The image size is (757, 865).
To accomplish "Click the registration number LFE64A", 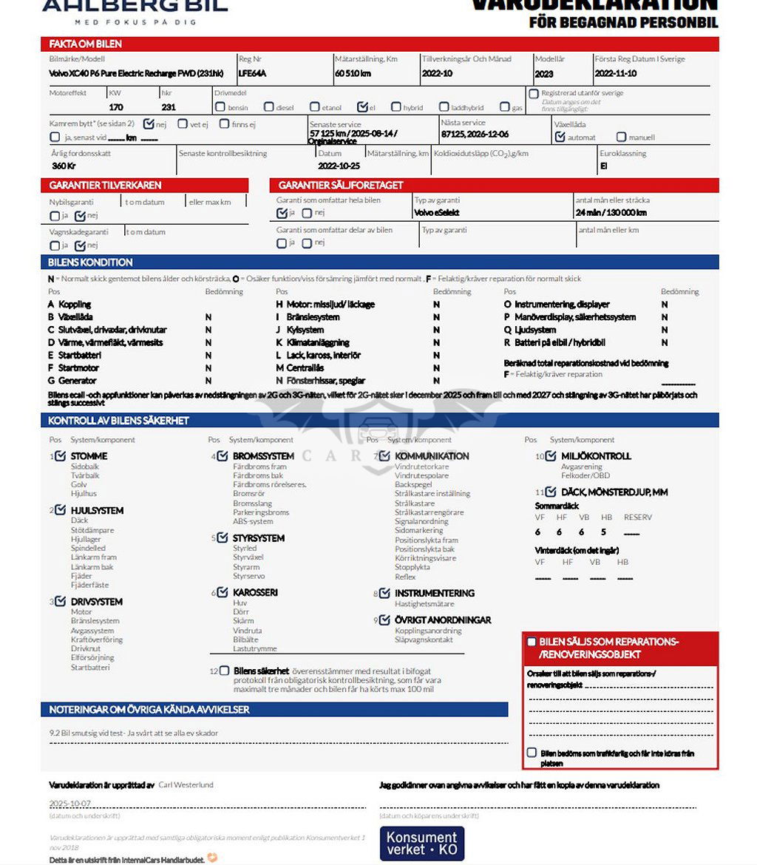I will coord(252,74).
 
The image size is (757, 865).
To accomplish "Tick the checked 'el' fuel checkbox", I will coord(362,107).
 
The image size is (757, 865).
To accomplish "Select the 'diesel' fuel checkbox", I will coord(269,107).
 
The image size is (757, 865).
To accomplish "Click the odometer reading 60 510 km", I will coord(353,74).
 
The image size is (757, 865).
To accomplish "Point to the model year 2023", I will coord(543,74).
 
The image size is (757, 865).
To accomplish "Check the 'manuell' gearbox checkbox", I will coord(622,137).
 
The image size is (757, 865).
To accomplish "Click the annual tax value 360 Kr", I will coord(64,166).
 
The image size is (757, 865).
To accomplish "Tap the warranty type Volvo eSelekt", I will coord(436,213).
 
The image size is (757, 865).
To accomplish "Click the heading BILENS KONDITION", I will coord(90,262).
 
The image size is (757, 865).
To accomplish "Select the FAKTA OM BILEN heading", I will coord(86,44).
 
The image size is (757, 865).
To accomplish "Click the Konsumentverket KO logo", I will coord(421,844).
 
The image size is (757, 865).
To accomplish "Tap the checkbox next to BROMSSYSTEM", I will coord(223,455).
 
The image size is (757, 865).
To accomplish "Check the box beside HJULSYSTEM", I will coord(61,510).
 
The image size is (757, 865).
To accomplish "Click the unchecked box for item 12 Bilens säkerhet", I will coord(224,671).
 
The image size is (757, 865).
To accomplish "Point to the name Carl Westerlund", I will coord(186,784).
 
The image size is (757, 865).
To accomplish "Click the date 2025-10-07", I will coord(70,804).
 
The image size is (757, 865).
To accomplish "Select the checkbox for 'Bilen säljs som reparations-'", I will coord(532,642).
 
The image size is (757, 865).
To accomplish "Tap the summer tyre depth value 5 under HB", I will coord(604,532).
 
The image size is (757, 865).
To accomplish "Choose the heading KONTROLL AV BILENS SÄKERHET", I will coord(118,421).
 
